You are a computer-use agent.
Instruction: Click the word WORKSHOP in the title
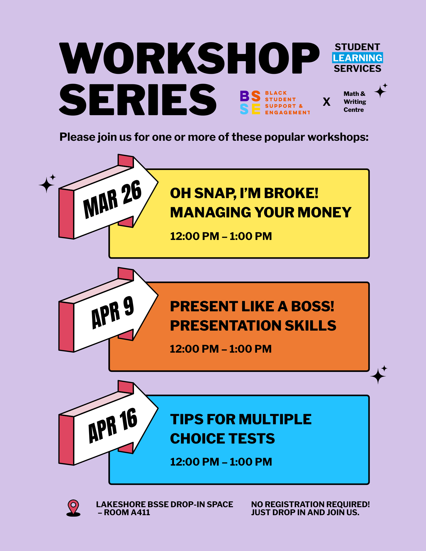tap(189, 58)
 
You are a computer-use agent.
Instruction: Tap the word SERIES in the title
tap(138, 100)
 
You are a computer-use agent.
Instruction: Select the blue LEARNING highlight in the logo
tap(357, 58)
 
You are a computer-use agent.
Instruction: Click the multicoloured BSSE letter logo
tap(250, 102)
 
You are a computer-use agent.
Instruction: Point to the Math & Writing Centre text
tap(355, 102)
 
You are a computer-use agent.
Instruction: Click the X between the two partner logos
tap(326, 102)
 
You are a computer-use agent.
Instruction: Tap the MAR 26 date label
tap(112, 199)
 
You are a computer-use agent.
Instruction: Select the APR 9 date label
tap(112, 313)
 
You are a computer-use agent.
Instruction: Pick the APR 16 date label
tap(112, 426)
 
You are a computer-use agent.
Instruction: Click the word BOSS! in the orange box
tap(313, 306)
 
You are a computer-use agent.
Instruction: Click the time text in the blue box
tap(221, 462)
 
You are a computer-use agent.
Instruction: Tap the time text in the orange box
tap(221, 349)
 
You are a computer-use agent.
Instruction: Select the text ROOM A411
tap(127, 512)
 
